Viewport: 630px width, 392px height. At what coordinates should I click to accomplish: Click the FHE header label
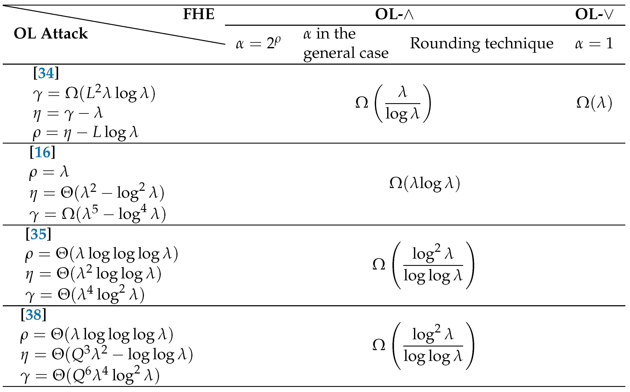click(x=198, y=14)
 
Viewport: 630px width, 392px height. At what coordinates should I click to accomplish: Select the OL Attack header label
click(x=51, y=33)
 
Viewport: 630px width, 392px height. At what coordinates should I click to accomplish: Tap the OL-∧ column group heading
click(x=394, y=14)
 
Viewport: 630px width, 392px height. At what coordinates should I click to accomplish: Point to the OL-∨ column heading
click(x=594, y=14)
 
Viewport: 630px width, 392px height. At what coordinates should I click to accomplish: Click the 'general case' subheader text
click(x=346, y=53)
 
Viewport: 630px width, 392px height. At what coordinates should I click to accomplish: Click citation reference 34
click(x=46, y=73)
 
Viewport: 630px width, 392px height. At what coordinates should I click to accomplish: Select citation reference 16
click(x=42, y=152)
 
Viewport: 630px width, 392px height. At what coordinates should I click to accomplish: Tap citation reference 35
click(x=38, y=234)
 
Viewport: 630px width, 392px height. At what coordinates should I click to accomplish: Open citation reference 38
click(x=33, y=315)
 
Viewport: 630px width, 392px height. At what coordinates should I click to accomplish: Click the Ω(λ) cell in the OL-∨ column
click(x=594, y=103)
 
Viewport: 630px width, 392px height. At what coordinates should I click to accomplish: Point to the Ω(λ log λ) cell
click(x=425, y=184)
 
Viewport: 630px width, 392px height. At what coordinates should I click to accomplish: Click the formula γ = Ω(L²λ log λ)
click(x=94, y=93)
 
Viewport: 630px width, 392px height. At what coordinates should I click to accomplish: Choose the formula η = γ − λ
click(x=68, y=113)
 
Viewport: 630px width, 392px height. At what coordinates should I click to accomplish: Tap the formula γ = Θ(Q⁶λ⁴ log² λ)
click(x=90, y=375)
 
